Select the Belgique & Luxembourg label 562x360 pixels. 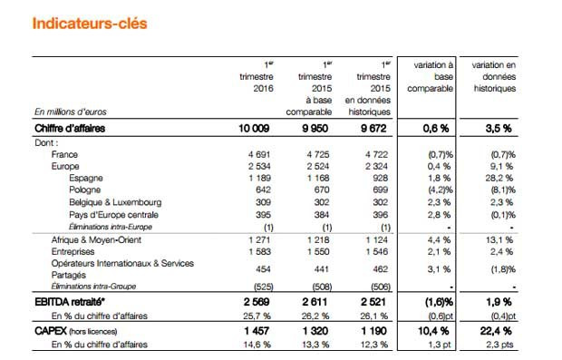[x=115, y=204]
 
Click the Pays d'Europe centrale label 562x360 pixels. [x=111, y=216]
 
